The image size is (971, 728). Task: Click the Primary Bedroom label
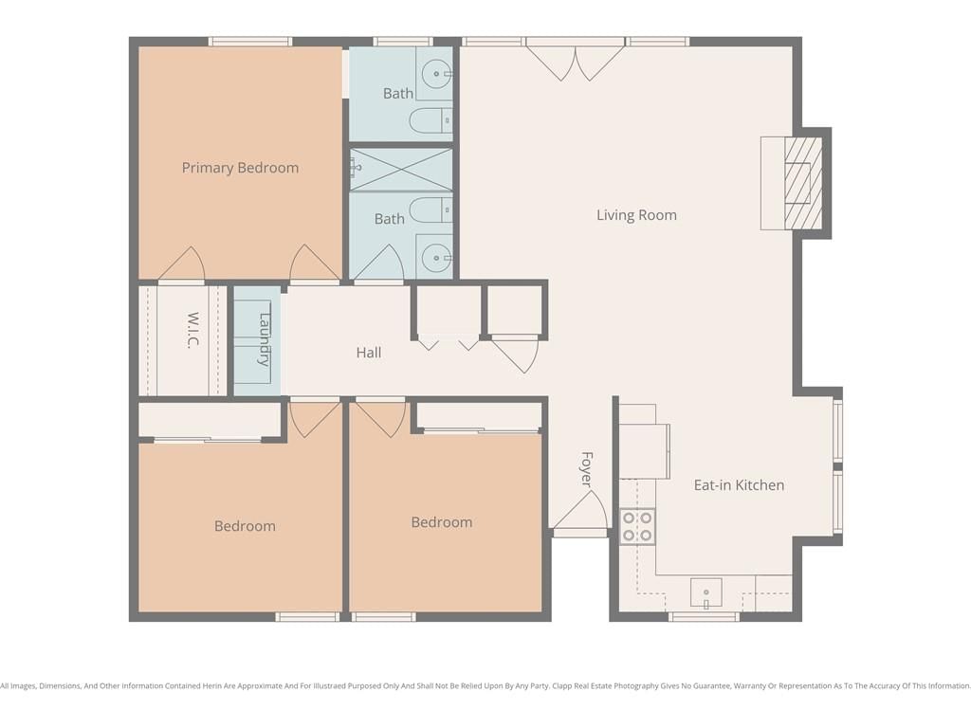pos(240,168)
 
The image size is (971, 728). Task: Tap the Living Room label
pos(636,215)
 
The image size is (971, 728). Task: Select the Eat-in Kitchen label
pos(739,484)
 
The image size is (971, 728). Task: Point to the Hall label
pos(369,353)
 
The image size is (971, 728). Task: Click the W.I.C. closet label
pos(193,331)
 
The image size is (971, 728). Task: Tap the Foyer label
pos(587,469)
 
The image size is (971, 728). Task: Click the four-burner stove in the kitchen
pos(637,525)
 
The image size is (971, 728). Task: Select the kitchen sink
pos(705,593)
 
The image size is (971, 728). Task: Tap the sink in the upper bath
pos(436,74)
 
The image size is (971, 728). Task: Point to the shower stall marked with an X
pos(401,170)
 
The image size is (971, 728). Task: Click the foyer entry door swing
pos(579,513)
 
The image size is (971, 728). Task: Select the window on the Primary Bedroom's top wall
pos(250,42)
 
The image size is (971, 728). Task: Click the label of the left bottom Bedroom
pos(245,526)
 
